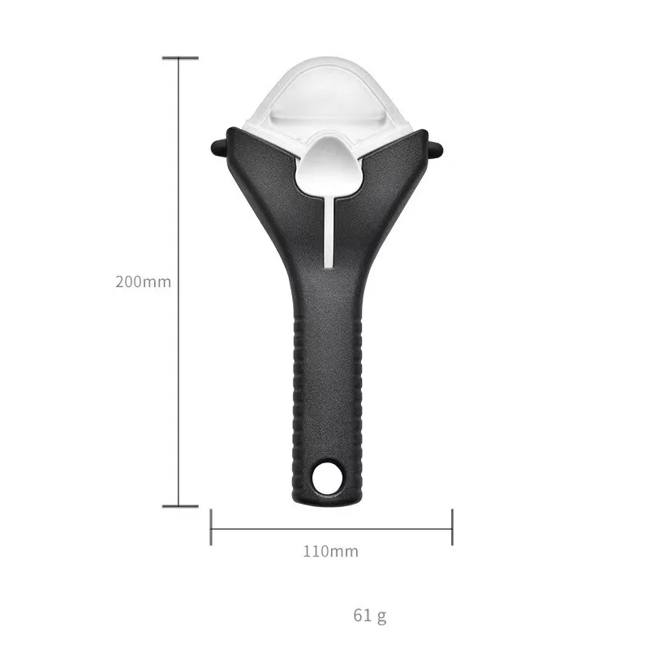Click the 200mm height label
pyautogui.click(x=143, y=282)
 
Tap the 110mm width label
pyautogui.click(x=330, y=552)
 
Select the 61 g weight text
pyautogui.click(x=370, y=615)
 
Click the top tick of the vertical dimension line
pyautogui.click(x=179, y=58)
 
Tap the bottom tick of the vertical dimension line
pyautogui.click(x=179, y=507)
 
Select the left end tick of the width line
pyautogui.click(x=211, y=527)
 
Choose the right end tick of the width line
pyautogui.click(x=452, y=527)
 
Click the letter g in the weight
pyautogui.click(x=381, y=616)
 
